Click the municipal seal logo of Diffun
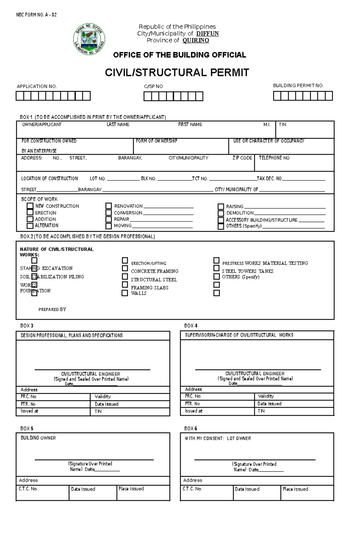pos(89,39)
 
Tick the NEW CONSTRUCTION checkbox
pos(30,206)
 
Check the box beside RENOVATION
pos(109,206)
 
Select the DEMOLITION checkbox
pos(221,213)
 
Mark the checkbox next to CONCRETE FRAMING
pos(125,268)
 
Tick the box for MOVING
pos(109,226)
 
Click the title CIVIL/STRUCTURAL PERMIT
pos(177,73)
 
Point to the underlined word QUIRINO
pos(196,40)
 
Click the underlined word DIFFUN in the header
pos(207,34)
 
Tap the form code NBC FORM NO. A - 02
pos(36,15)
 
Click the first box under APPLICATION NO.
pos(19,96)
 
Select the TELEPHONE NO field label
pos(274,158)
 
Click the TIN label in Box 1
pos(282,124)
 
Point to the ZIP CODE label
pos(242,158)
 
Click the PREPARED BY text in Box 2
pos(52,309)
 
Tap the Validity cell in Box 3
pos(103,397)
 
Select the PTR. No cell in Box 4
pos(192,404)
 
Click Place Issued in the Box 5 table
pos(131,489)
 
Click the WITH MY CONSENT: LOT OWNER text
pos(218,438)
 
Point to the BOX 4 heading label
pos(191,326)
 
